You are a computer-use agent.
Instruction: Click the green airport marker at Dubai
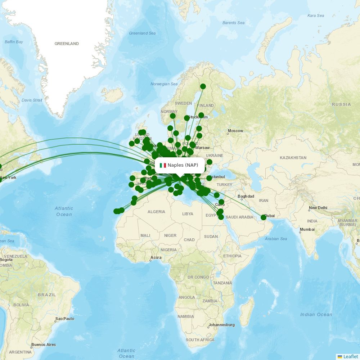pos(264,217)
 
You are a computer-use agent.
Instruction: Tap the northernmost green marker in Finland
pos(203,86)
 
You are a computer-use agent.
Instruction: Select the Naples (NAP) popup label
pos(183,165)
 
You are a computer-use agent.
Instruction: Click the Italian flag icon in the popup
pos(163,165)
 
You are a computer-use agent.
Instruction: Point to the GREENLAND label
pos(67,44)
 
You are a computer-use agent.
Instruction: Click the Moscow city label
pos(235,131)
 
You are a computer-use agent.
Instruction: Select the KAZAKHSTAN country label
pos(293,158)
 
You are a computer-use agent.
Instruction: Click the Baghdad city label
pos(246,196)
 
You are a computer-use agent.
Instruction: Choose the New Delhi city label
pos(318,208)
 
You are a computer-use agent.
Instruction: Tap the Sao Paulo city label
pos(65,319)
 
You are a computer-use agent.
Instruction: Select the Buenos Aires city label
pos(44,345)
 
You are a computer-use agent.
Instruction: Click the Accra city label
pos(156,257)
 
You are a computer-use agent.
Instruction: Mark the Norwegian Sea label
pos(164,84)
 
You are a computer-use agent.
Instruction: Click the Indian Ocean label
pos(316,314)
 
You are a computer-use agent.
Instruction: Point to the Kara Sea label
pos(316,15)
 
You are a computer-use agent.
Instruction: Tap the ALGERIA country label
pos(156,212)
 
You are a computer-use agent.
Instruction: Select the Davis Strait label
pos(32,100)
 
